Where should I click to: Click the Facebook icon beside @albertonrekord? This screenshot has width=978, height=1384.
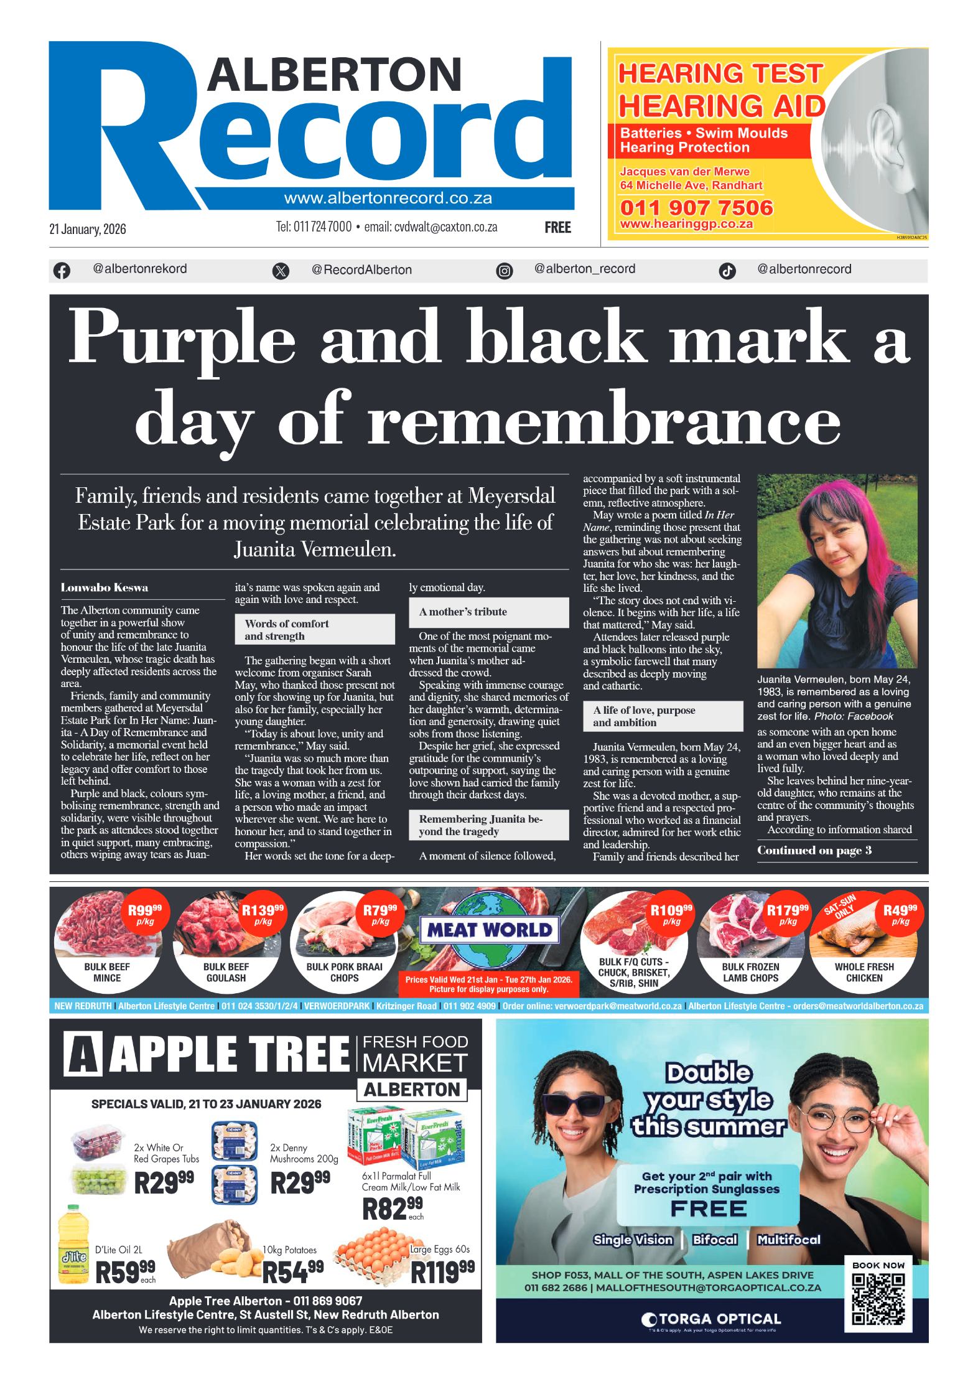point(62,271)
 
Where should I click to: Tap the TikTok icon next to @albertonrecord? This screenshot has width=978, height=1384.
point(727,271)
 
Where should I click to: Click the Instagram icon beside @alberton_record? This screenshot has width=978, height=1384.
point(505,271)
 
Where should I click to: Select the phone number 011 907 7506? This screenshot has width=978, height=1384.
point(696,207)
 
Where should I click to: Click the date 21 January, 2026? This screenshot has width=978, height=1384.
point(88,229)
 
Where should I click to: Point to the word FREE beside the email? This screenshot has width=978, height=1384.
point(557,228)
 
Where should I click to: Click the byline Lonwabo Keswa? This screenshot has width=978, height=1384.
point(105,587)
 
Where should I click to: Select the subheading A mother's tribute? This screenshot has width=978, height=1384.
point(463,612)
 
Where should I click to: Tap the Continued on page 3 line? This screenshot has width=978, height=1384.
point(814,850)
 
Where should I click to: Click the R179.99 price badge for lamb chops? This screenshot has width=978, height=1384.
point(787,914)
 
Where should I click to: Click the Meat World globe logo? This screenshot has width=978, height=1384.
point(490,930)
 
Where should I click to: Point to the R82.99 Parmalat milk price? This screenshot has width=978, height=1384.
point(392,1209)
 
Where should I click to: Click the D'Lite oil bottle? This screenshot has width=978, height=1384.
point(73,1245)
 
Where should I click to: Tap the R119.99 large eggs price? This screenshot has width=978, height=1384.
point(442,1272)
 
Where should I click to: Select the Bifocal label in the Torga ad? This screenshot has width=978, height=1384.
point(715,1240)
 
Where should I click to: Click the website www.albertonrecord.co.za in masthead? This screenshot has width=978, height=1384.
point(388,198)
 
